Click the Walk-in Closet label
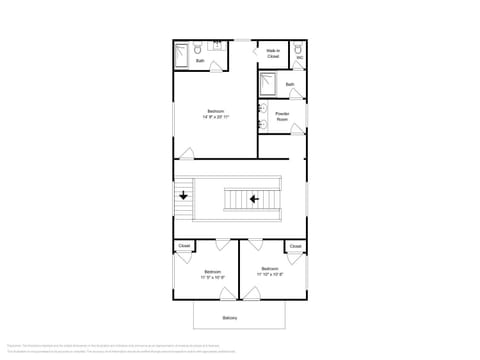(x=273, y=53)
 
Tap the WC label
(x=299, y=58)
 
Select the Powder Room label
(x=282, y=117)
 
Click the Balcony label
(x=230, y=318)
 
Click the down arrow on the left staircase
(x=184, y=197)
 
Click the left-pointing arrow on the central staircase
(x=254, y=199)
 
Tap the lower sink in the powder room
(x=262, y=124)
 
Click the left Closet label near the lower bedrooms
(x=184, y=245)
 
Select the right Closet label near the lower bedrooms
(x=295, y=245)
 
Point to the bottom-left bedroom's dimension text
(x=213, y=277)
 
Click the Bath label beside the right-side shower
(x=290, y=85)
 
